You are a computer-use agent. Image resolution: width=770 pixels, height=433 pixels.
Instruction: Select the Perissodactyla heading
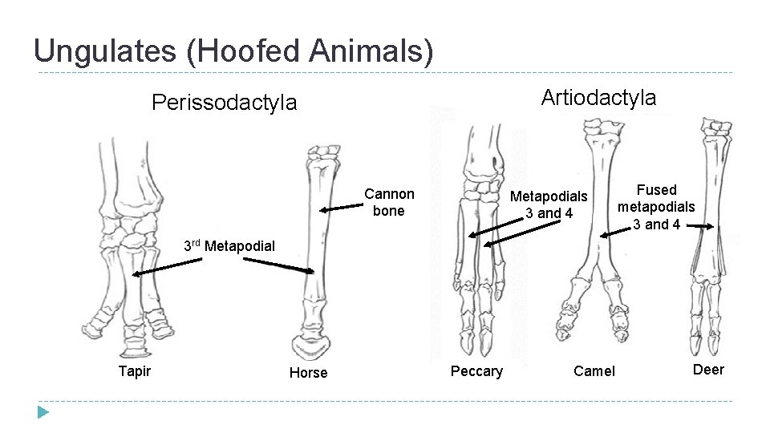(x=224, y=103)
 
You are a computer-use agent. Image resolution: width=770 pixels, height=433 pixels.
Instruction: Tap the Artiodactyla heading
(x=598, y=98)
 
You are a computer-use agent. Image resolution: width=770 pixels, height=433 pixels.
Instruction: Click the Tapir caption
(x=134, y=370)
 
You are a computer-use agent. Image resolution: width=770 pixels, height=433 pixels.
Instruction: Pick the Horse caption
(x=308, y=373)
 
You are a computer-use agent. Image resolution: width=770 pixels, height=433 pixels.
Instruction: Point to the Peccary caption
(x=476, y=370)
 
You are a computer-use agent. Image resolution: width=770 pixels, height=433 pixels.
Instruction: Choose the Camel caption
(x=594, y=370)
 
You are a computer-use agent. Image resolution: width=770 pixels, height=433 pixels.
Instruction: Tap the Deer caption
(x=708, y=370)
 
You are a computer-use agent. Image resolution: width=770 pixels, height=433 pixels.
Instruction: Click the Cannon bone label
(x=389, y=202)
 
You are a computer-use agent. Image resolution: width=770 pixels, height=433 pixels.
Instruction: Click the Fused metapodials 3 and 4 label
(x=656, y=207)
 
